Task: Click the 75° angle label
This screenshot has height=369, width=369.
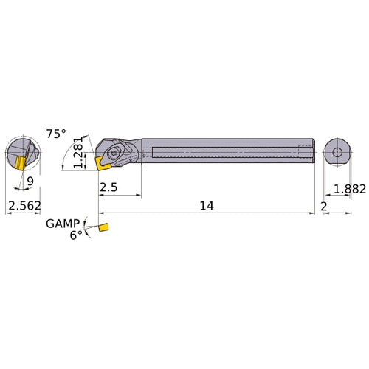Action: point(56,134)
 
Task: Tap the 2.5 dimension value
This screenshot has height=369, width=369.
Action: point(108,188)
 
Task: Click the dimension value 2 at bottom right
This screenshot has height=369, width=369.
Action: point(323,207)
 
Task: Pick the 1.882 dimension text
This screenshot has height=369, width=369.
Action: point(349,189)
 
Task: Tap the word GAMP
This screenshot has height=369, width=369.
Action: point(62,223)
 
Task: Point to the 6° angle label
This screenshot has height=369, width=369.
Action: point(76,235)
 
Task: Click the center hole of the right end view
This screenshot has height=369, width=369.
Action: point(337,152)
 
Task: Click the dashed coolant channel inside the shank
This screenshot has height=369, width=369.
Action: point(229,153)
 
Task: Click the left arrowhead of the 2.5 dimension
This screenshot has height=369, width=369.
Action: point(101,196)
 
